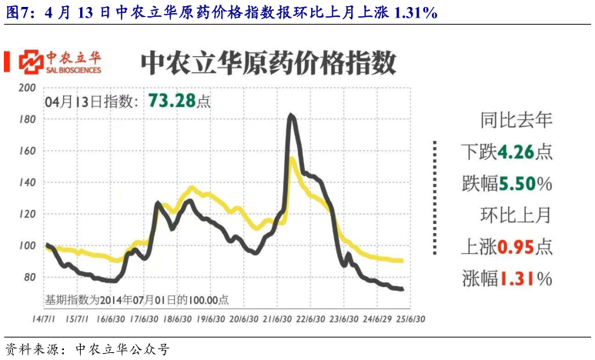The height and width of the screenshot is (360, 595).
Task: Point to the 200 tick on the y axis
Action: pos(28,88)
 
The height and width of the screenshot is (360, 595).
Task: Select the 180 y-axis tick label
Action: pos(28,119)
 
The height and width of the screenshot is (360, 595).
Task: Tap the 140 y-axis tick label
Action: pos(28,182)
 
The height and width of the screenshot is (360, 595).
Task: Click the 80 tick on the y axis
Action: pos(30,277)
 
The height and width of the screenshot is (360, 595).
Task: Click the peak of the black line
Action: pos(291,115)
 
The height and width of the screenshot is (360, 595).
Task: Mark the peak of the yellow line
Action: pos(292,159)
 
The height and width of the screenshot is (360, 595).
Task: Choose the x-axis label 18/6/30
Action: pos(177,317)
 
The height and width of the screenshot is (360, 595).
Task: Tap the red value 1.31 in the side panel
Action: pos(516,279)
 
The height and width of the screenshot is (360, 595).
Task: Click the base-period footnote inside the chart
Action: pos(142,299)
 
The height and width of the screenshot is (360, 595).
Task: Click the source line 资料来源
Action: pos(86,349)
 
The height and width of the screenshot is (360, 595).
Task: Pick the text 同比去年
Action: pos(516,119)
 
